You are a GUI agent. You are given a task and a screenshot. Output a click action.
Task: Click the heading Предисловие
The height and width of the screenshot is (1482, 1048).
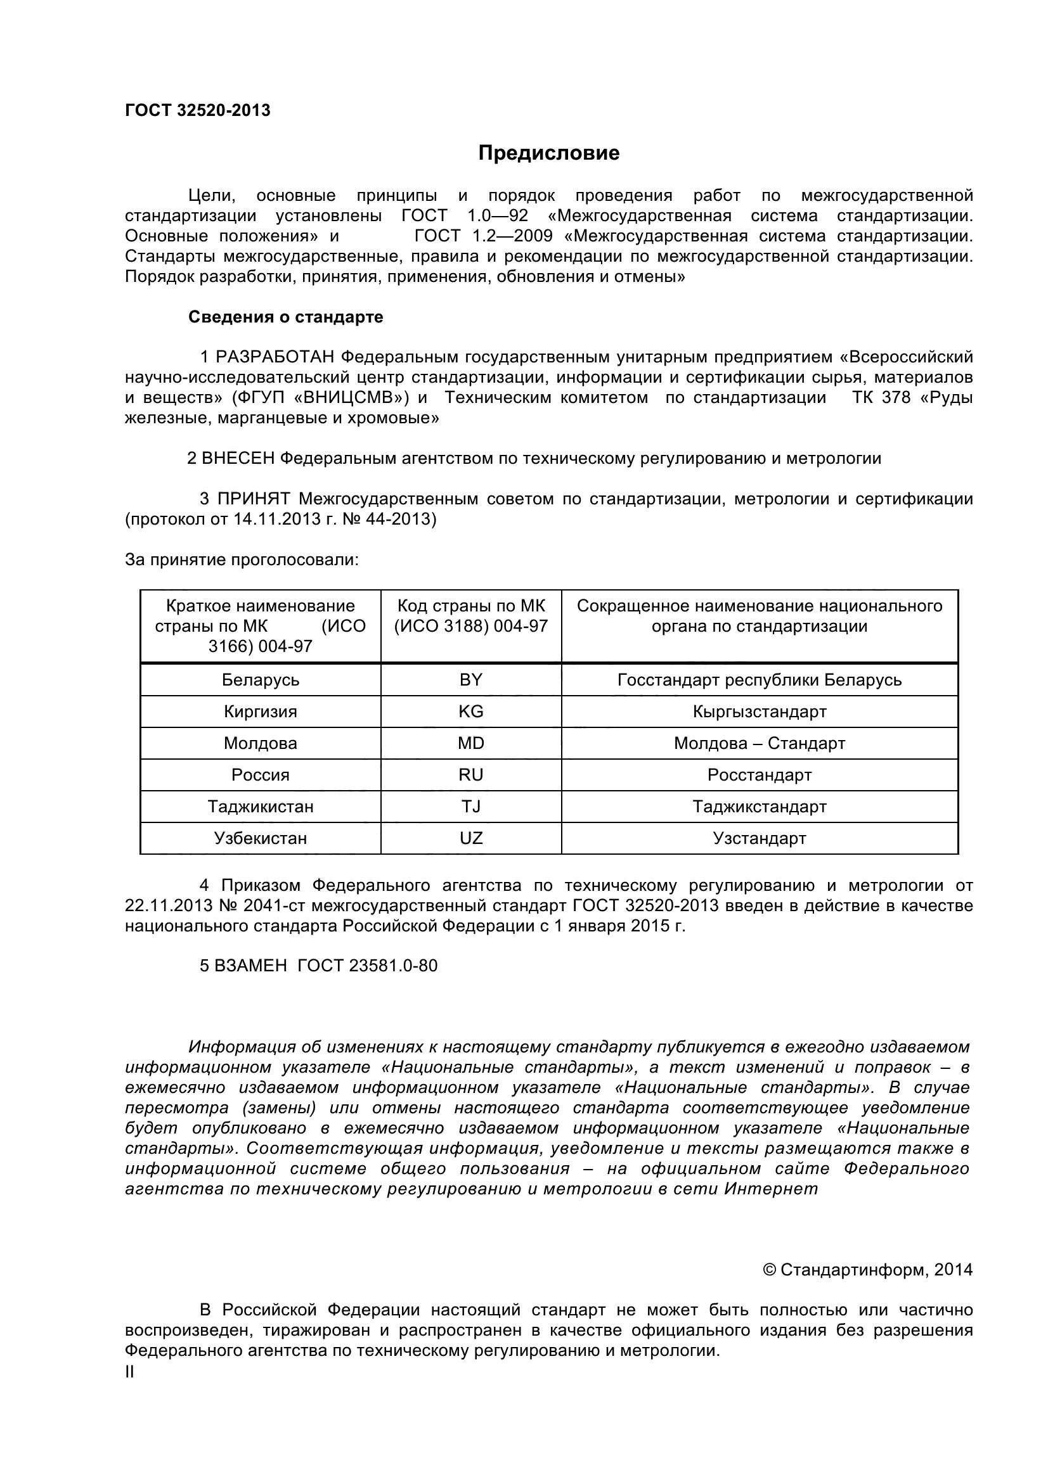pos(548,153)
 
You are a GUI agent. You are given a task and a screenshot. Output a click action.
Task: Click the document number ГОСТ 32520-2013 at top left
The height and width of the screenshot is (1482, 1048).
pos(197,110)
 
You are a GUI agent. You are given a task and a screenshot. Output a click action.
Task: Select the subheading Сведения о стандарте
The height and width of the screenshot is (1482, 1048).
pos(285,317)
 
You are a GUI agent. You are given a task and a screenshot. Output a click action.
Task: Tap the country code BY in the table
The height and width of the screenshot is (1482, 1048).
pos(470,680)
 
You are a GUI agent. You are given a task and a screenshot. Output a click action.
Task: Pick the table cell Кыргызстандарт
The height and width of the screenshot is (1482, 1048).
pos(760,712)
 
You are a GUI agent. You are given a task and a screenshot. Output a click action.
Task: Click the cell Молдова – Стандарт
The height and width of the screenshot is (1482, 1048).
pos(760,743)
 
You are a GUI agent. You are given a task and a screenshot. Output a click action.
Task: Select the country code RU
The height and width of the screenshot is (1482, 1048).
pos(470,774)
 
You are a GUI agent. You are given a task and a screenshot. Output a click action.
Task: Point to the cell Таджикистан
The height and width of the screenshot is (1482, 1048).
pos(260,806)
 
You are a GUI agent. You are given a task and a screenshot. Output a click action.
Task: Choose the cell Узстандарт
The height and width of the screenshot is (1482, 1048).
pos(760,838)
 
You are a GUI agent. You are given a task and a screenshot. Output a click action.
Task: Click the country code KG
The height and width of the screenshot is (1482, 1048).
pos(470,712)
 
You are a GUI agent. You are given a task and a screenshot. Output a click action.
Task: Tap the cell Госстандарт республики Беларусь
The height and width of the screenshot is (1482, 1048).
pos(760,680)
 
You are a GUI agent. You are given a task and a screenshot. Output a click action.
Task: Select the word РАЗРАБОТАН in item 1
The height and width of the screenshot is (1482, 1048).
pos(275,357)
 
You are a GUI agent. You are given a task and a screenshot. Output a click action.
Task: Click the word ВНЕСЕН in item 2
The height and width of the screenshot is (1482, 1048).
pos(238,458)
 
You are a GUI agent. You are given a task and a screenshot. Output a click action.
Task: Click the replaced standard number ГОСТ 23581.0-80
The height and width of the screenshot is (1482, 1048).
pos(368,966)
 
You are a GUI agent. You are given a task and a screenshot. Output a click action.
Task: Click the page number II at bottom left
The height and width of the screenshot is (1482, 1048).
pos(130,1372)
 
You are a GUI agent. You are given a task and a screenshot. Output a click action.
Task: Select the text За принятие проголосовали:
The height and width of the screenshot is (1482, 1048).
pos(242,559)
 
